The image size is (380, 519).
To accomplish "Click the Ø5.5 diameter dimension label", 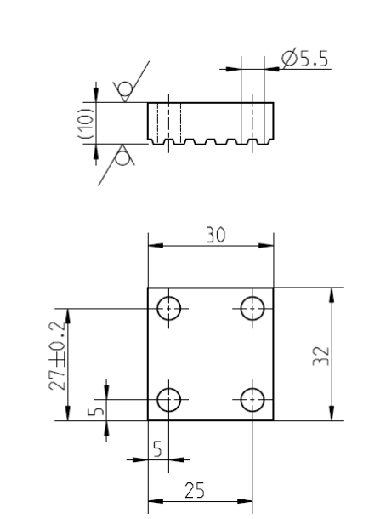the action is [x=304, y=58].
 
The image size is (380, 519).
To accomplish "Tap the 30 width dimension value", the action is [x=215, y=235].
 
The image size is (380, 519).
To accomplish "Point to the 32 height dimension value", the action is [x=321, y=356].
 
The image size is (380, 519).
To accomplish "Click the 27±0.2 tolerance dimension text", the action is [x=57, y=356].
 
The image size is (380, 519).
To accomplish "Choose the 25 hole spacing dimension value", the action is [x=195, y=490].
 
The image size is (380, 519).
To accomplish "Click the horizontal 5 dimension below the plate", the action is [x=158, y=449].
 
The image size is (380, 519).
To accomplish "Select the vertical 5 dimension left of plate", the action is [x=96, y=410].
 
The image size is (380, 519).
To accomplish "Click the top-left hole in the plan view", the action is [x=168, y=309].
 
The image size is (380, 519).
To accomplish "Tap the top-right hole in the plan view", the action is [x=252, y=309].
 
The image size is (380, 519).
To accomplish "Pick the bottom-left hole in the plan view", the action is [x=168, y=400].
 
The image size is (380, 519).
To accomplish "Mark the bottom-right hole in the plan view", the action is [x=252, y=400].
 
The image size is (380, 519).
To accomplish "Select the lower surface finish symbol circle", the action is [x=122, y=158].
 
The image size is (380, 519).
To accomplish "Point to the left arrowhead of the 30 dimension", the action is [x=156, y=246].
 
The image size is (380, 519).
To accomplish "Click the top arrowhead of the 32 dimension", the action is [x=332, y=295].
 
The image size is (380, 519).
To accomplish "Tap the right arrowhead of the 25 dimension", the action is [x=245, y=501].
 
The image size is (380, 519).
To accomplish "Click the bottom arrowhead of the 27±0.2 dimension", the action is [x=67, y=413].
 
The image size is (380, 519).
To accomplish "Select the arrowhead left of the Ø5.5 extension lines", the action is [x=233, y=69].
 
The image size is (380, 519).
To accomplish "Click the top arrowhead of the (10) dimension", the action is [x=96, y=95].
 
